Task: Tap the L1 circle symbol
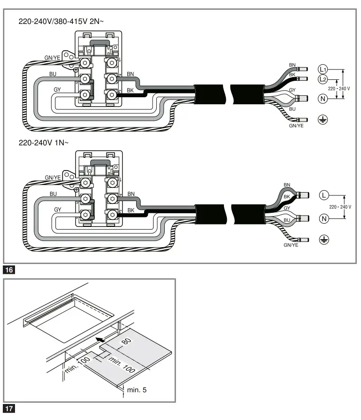click(x=323, y=68)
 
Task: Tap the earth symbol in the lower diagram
click(x=323, y=240)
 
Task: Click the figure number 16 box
click(x=9, y=270)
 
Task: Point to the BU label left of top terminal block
click(x=53, y=74)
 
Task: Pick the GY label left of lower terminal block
click(x=58, y=209)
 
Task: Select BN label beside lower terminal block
click(x=131, y=194)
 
